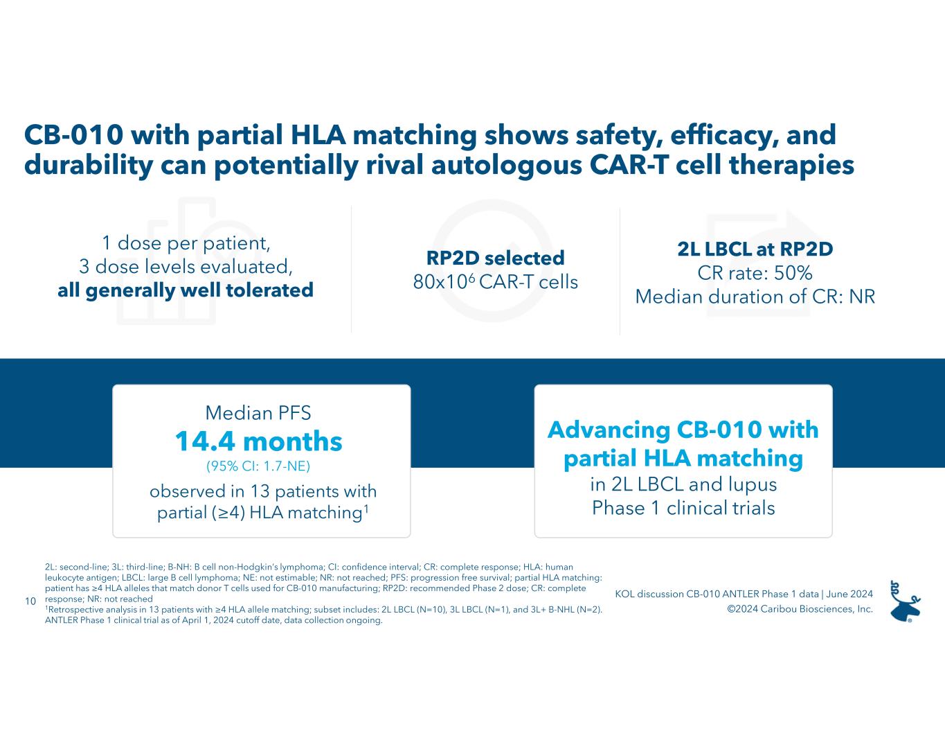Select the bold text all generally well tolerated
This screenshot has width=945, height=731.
tap(186, 290)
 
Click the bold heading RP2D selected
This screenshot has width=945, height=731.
tap(495, 258)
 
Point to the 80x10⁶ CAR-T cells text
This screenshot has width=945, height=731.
tap(495, 282)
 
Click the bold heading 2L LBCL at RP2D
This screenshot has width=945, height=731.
tap(755, 249)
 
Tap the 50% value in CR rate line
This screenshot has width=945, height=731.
tap(793, 272)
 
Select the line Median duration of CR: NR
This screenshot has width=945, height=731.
tap(755, 297)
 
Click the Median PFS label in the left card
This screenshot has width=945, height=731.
tap(258, 413)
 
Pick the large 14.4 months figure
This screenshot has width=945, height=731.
tap(258, 441)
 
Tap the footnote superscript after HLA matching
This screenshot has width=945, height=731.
tap(366, 509)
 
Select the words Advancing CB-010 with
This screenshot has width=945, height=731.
tap(683, 430)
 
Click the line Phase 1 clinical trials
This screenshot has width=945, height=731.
tap(683, 508)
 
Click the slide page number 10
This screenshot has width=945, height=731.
tap(30, 601)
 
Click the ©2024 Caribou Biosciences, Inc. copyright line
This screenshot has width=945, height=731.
tap(800, 609)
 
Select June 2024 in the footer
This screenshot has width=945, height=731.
tap(850, 594)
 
